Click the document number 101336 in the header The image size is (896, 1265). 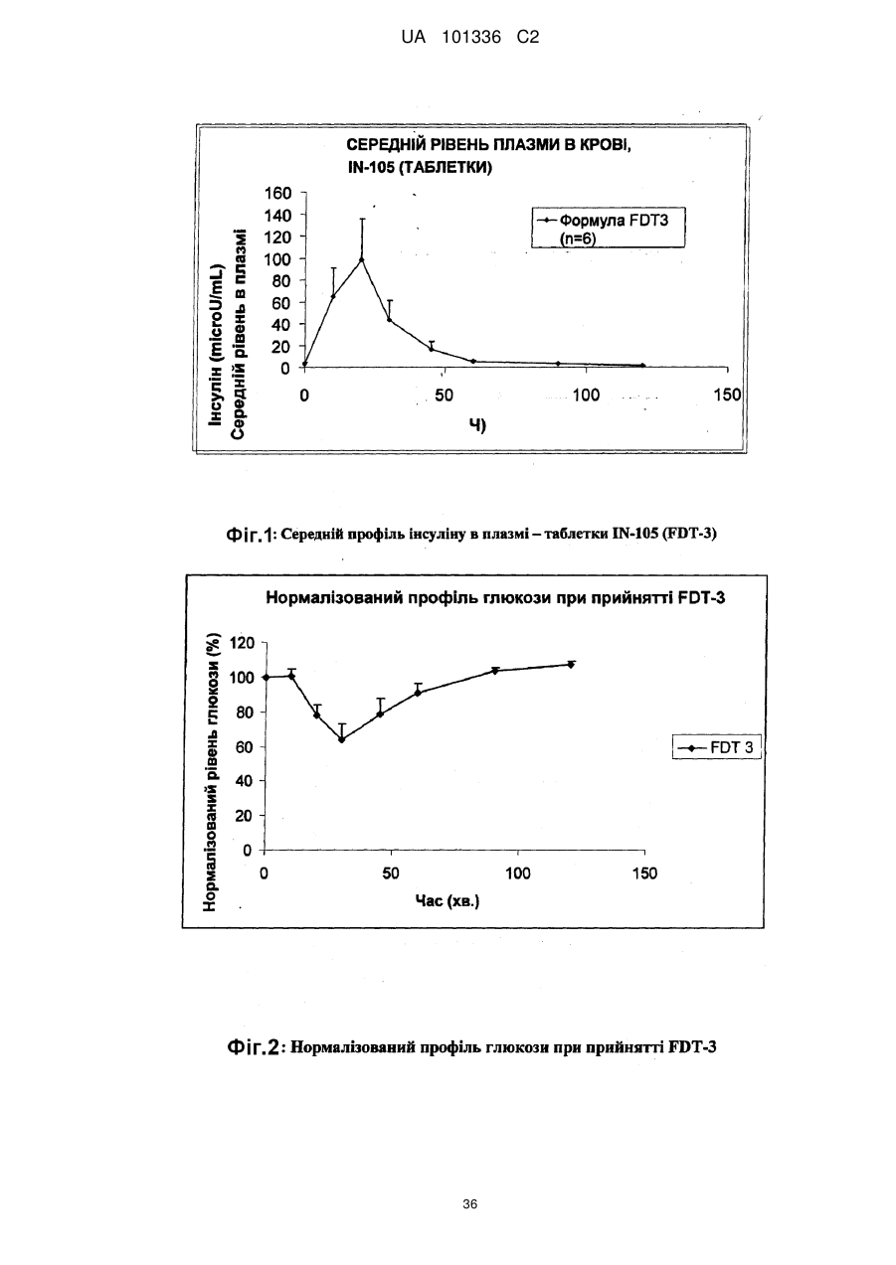click(471, 38)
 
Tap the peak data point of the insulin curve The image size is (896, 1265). click(362, 259)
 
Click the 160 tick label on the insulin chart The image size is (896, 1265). click(278, 193)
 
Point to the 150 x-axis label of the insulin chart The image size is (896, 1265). click(727, 395)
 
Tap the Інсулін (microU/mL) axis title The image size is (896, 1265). click(217, 345)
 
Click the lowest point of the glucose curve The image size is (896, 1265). click(341, 739)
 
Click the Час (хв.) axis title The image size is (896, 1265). click(448, 900)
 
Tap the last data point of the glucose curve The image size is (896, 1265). click(571, 665)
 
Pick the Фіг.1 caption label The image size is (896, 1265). click(250, 534)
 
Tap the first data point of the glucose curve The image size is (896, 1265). click(266, 677)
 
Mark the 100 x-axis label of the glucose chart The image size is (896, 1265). click(518, 873)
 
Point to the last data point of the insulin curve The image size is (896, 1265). click(642, 366)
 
